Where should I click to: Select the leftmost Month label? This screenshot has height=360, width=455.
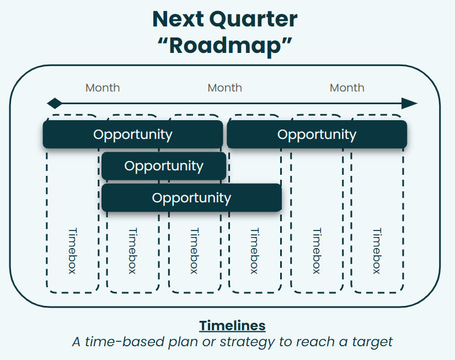tap(103, 88)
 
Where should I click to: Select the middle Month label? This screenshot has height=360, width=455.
tap(224, 88)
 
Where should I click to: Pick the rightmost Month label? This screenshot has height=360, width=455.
tap(347, 88)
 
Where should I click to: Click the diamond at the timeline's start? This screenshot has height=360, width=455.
tap(55, 103)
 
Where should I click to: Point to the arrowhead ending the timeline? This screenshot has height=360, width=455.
tap(409, 103)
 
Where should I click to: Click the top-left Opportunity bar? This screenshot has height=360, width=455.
tap(133, 135)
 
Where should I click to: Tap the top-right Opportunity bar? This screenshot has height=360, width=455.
tap(317, 135)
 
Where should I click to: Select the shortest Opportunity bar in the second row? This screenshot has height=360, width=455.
tap(164, 166)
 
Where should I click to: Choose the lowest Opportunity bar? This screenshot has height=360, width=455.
tap(191, 198)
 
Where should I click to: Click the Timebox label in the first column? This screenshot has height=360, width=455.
tap(72, 251)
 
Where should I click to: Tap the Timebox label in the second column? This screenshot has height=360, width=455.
tap(132, 251)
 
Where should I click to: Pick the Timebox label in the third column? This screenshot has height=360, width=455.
tap(194, 251)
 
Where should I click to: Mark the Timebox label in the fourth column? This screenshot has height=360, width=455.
tap(254, 251)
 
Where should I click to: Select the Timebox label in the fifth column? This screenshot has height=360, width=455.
tap(316, 251)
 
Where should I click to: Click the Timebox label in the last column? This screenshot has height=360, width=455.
tap(377, 251)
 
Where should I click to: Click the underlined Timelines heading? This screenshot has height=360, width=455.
tap(232, 325)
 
